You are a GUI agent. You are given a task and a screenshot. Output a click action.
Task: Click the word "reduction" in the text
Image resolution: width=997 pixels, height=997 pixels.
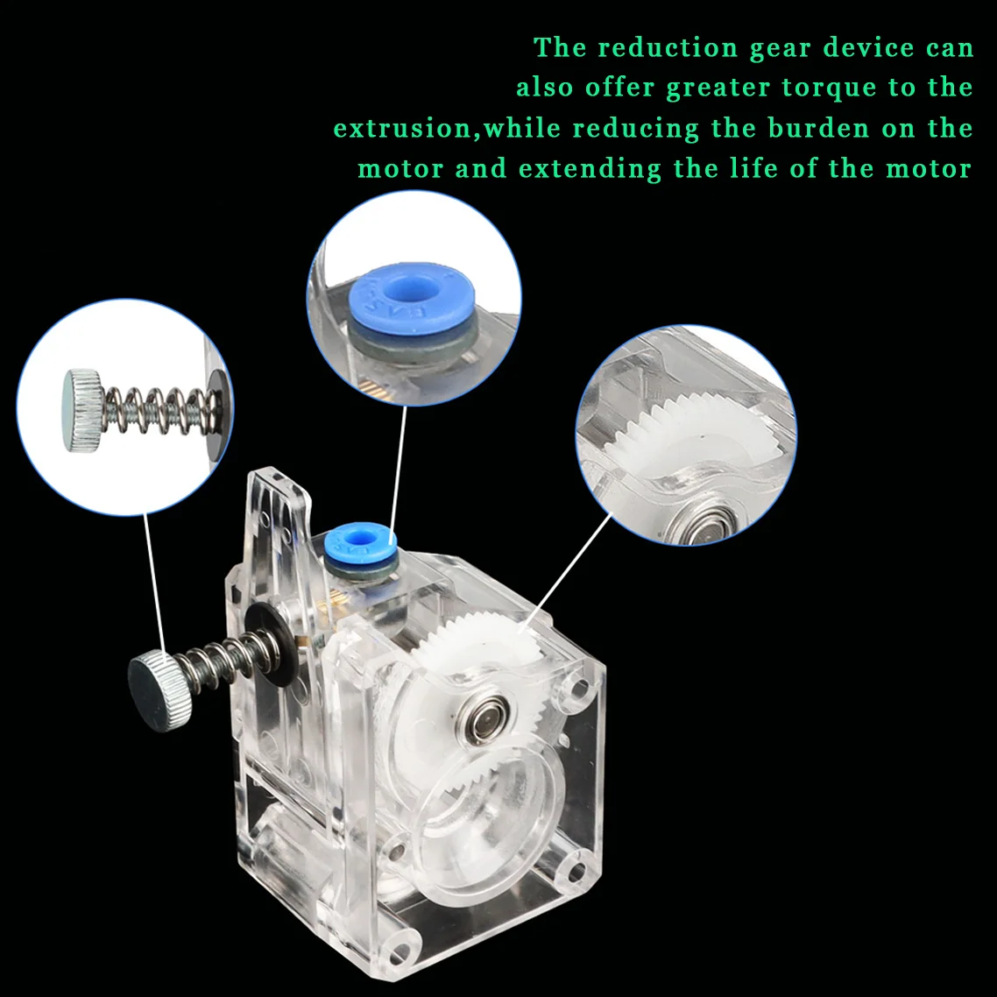click(668, 47)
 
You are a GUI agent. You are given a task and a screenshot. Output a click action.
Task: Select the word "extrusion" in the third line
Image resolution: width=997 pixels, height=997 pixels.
click(403, 128)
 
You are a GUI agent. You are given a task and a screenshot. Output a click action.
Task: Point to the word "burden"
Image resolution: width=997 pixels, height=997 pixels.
click(818, 128)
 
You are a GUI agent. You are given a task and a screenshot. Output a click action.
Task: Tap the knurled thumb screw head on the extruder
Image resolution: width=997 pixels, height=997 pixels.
click(159, 690)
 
